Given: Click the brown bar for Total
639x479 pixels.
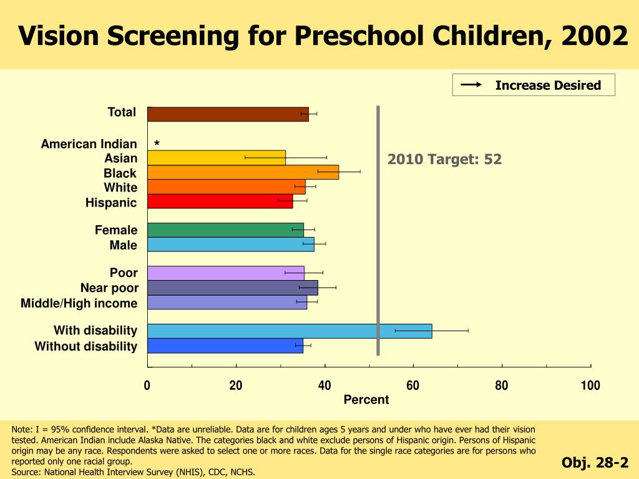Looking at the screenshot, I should tap(228, 114).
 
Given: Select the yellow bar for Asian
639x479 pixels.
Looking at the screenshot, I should tap(217, 158).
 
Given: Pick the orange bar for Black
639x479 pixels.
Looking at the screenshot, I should tap(243, 172).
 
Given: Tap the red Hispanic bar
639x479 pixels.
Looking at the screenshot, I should tap(220, 201).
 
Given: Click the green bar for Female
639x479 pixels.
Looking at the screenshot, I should tap(225, 230).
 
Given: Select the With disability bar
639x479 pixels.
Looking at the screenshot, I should tap(289, 331).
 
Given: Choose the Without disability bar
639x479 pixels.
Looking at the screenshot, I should tap(225, 346).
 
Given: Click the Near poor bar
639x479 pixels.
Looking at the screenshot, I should tap(232, 288).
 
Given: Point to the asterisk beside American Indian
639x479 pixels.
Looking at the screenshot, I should tap(157, 145).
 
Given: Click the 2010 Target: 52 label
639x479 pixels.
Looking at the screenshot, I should tap(444, 160).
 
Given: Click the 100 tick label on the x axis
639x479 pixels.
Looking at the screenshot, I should tap(590, 385).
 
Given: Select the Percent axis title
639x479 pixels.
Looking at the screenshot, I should tap(366, 400).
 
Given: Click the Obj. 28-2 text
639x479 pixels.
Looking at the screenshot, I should tap(595, 463).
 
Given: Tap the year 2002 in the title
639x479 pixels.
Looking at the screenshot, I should tap(594, 36).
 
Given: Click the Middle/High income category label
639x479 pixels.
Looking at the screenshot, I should tap(79, 303).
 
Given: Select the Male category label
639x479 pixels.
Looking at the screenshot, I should tap(124, 245).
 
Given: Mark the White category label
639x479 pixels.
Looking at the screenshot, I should tap(120, 188).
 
